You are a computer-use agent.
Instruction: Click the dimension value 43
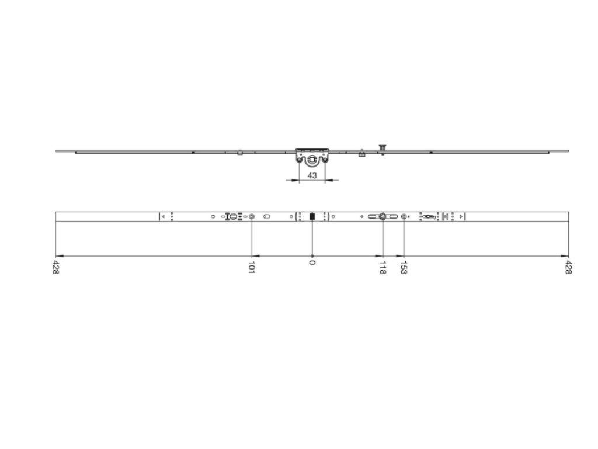(312, 175)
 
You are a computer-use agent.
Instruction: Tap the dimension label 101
(251, 267)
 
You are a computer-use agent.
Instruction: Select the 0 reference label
(312, 263)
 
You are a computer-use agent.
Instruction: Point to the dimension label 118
(383, 267)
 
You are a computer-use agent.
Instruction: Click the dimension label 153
(404, 267)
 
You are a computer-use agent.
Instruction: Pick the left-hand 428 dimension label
(55, 267)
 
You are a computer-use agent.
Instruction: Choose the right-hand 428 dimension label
(568, 267)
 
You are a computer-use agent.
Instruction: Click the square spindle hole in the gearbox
(312, 159)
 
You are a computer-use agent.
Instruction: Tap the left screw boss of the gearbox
(300, 160)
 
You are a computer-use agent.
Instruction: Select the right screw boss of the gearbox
(325, 160)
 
